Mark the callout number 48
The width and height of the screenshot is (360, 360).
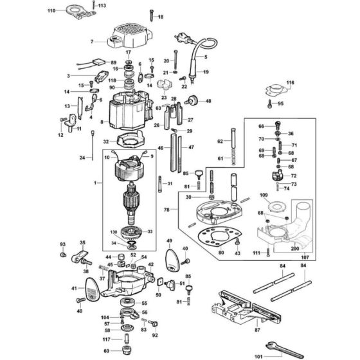pos(208,102)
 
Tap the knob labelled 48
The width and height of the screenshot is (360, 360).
pos(192,101)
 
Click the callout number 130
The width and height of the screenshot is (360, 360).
pos(114,232)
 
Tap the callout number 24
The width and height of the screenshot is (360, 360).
pos(82,157)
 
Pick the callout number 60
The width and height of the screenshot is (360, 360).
pos(107,351)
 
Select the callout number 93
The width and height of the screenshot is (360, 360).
pos(62,244)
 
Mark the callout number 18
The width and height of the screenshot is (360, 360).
pos(161,17)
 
